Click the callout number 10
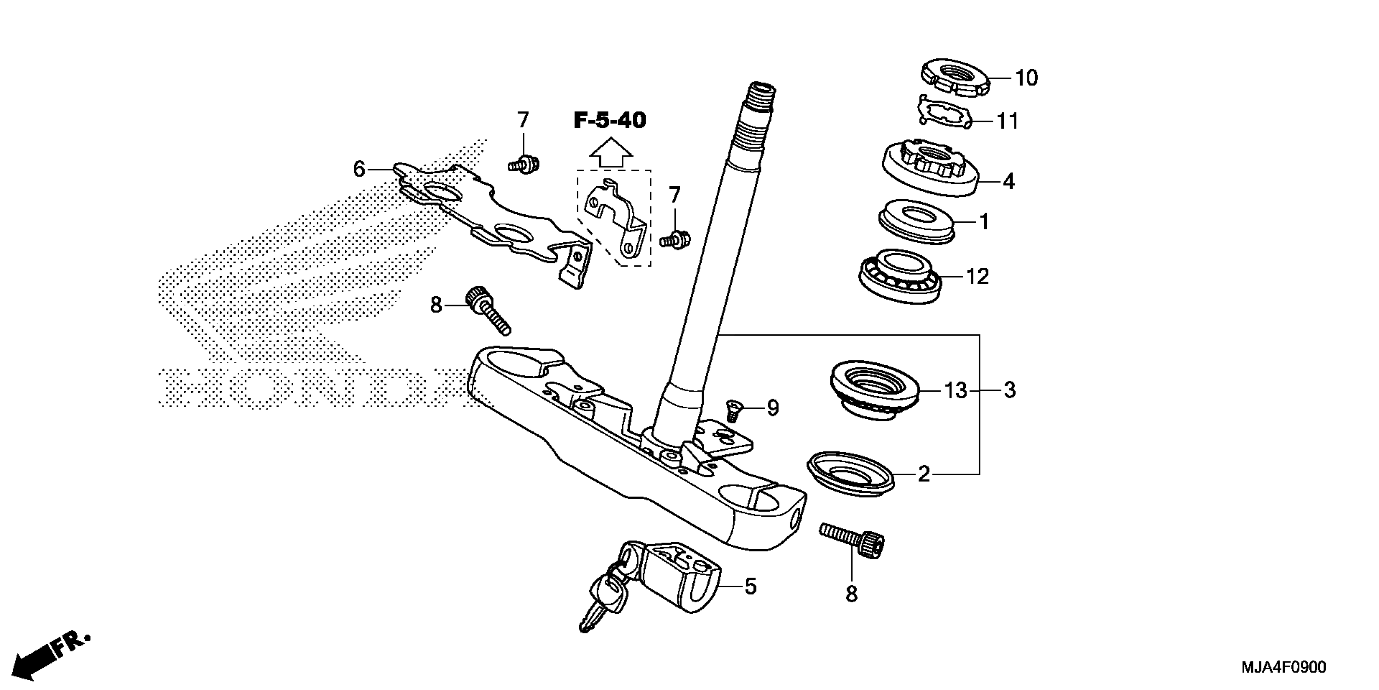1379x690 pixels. [1026, 78]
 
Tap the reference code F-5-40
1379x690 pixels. [610, 120]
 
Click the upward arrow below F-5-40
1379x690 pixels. [611, 152]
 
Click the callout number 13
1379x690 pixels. [956, 390]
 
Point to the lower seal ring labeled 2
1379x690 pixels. [850, 474]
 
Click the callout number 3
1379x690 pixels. [1009, 390]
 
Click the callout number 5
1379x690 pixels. [750, 586]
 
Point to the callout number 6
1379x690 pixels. [359, 169]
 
